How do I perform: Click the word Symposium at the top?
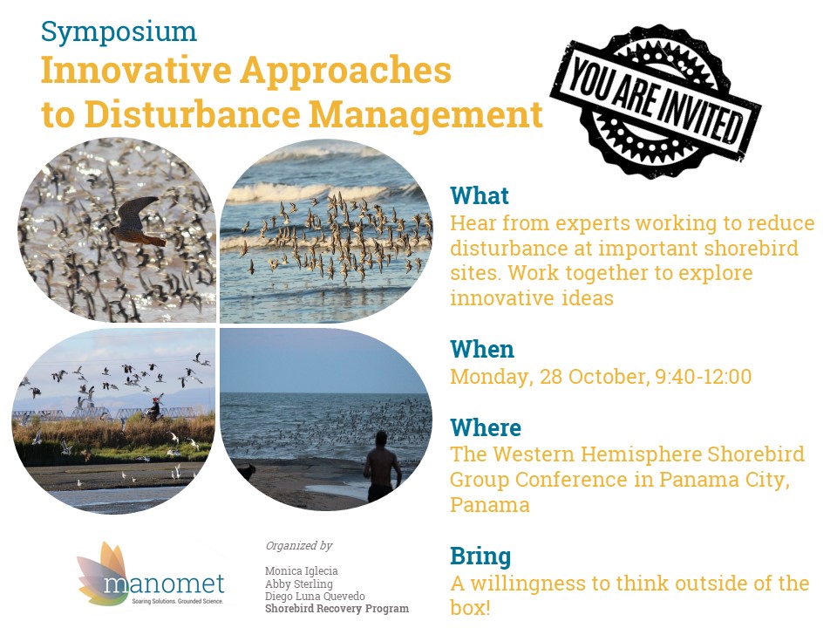pos(119,33)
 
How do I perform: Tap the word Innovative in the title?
pos(137,70)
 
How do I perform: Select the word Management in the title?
pos(426,114)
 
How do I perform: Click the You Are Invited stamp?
pos(656,100)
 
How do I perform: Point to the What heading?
pos(480,195)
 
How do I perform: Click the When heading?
pos(482,349)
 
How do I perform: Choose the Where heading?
pos(486,427)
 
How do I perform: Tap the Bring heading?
pos(480,556)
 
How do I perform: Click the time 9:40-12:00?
pos(704,377)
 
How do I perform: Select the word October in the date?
pos(609,377)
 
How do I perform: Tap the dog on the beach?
pos(246,472)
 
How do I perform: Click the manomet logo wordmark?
pos(164,584)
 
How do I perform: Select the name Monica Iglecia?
pos(301,571)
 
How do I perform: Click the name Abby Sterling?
pos(299,584)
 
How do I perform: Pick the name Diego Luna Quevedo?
pos(315,596)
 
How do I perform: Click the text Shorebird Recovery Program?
pos(337,609)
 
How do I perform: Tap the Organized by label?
pos(299,546)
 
